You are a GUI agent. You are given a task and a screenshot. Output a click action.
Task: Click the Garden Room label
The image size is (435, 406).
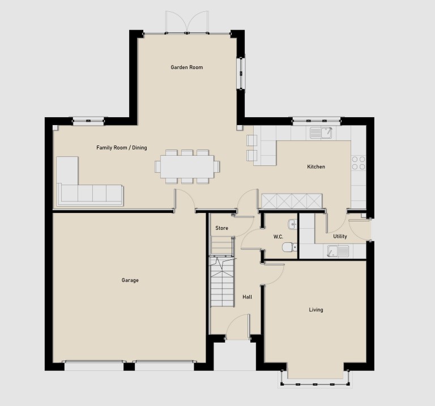187,67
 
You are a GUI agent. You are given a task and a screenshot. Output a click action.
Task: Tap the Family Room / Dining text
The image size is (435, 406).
122,148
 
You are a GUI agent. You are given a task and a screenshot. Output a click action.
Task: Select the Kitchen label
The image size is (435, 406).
316,166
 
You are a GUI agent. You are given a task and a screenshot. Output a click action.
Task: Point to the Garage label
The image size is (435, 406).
130,280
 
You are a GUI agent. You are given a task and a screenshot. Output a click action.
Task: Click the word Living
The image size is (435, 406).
316,310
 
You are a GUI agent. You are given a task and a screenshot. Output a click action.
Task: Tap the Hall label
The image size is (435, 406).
247,297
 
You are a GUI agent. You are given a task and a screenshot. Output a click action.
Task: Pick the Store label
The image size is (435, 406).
221,228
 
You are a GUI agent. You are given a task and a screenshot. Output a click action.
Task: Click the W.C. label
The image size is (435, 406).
278,237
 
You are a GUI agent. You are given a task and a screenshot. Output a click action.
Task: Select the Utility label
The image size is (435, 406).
340,236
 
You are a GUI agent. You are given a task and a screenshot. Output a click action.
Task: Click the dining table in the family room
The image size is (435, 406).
187,166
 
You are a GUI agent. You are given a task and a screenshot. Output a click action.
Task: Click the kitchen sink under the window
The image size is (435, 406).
321,133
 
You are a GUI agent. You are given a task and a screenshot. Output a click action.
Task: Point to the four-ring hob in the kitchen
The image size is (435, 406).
359,163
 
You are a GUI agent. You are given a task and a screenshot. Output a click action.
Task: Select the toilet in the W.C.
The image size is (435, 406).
289,247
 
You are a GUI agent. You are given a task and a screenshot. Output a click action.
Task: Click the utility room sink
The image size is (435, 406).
338,251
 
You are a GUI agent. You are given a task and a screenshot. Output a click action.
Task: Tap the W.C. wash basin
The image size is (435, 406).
293,224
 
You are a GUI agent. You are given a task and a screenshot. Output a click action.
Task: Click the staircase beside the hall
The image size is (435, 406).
221,282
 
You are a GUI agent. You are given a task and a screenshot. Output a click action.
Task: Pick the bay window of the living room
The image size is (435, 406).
315,379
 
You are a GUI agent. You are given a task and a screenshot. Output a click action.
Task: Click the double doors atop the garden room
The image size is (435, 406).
187,22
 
